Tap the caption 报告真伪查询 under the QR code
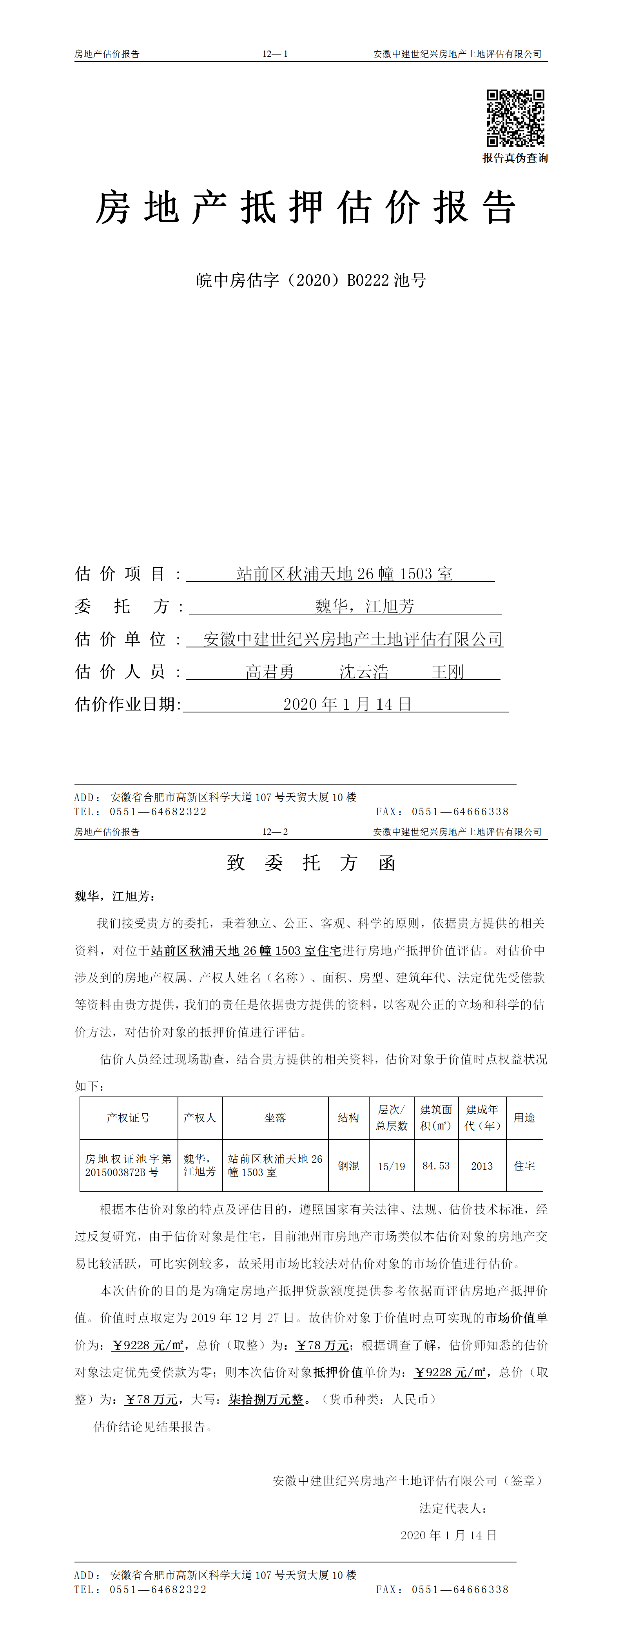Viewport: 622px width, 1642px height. pyautogui.click(x=515, y=158)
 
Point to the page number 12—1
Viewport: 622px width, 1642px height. pyautogui.click(x=275, y=54)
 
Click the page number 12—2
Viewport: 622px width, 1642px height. pyautogui.click(x=275, y=832)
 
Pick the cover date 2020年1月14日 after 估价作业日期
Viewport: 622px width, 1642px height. pyautogui.click(x=347, y=704)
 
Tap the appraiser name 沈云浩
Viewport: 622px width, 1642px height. pyautogui.click(x=363, y=672)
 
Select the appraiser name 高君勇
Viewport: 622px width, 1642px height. pyautogui.click(x=270, y=672)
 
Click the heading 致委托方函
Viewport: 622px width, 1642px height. pyautogui.click(x=311, y=863)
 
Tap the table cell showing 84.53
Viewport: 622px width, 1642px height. pyautogui.click(x=436, y=1166)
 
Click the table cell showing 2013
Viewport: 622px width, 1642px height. pyautogui.click(x=482, y=1166)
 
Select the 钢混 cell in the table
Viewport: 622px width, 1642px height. pyautogui.click(x=348, y=1166)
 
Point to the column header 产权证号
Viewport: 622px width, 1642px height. pyautogui.click(x=129, y=1117)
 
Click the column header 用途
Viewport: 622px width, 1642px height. pyautogui.click(x=524, y=1117)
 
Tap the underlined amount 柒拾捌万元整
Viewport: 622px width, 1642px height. pyautogui.click(x=267, y=1399)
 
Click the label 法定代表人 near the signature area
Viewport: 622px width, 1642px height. pyautogui.click(x=452, y=1508)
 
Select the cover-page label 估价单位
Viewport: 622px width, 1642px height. pyautogui.click(x=121, y=639)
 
